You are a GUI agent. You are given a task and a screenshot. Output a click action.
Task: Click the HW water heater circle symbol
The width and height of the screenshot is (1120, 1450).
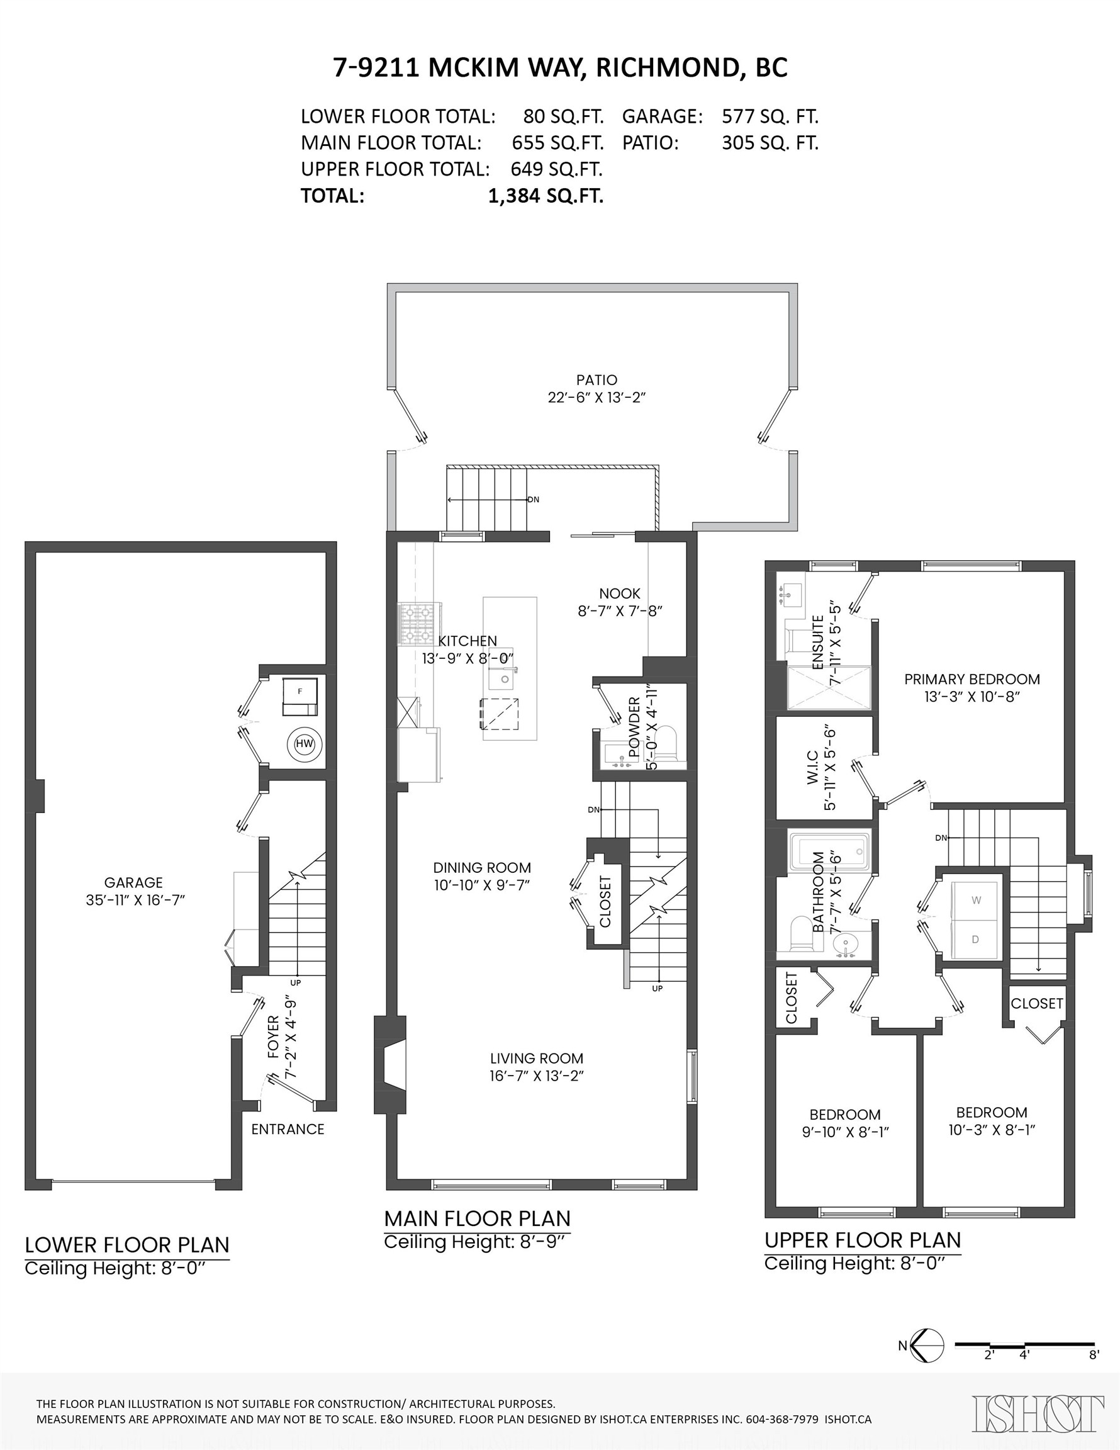(304, 744)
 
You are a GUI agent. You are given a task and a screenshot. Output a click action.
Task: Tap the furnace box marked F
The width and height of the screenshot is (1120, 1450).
(300, 697)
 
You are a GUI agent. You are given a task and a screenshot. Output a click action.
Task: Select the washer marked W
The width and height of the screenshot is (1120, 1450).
(975, 901)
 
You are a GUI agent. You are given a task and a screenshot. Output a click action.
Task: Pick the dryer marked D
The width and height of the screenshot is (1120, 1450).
(975, 940)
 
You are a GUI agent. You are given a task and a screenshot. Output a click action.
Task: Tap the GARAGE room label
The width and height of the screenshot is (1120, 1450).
(133, 882)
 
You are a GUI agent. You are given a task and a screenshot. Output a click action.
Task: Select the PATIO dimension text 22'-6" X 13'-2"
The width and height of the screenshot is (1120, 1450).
(596, 398)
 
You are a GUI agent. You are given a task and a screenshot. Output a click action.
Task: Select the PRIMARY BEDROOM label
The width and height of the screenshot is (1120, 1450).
(972, 679)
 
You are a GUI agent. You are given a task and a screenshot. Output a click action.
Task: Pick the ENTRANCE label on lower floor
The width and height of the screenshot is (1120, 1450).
(288, 1129)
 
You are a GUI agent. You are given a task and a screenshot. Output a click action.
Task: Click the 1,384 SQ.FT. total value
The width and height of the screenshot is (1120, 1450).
(546, 196)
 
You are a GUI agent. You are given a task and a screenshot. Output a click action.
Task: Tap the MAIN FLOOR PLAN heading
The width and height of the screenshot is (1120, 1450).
(478, 1218)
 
